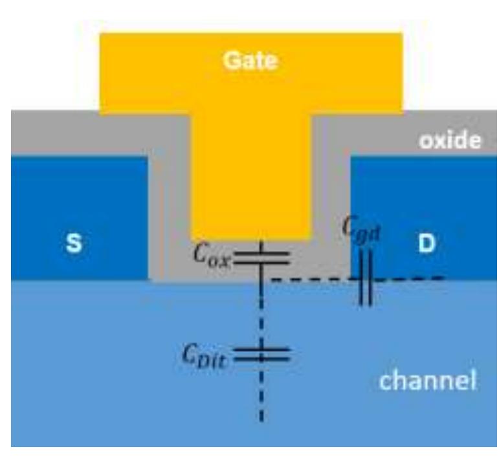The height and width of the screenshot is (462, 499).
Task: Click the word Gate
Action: click(250, 61)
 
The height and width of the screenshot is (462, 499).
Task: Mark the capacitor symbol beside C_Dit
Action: click(261, 354)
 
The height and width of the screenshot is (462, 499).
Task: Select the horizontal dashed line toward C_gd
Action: click(311, 280)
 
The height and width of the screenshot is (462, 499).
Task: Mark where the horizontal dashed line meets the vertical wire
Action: click(261, 280)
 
